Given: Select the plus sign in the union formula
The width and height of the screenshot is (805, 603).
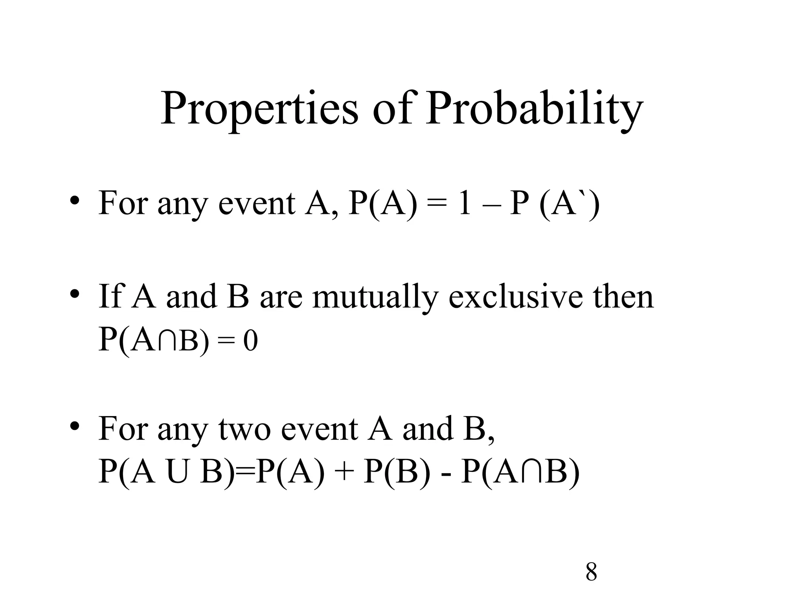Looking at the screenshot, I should [x=345, y=473].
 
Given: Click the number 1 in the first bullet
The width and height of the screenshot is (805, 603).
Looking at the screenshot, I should [x=465, y=204].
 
